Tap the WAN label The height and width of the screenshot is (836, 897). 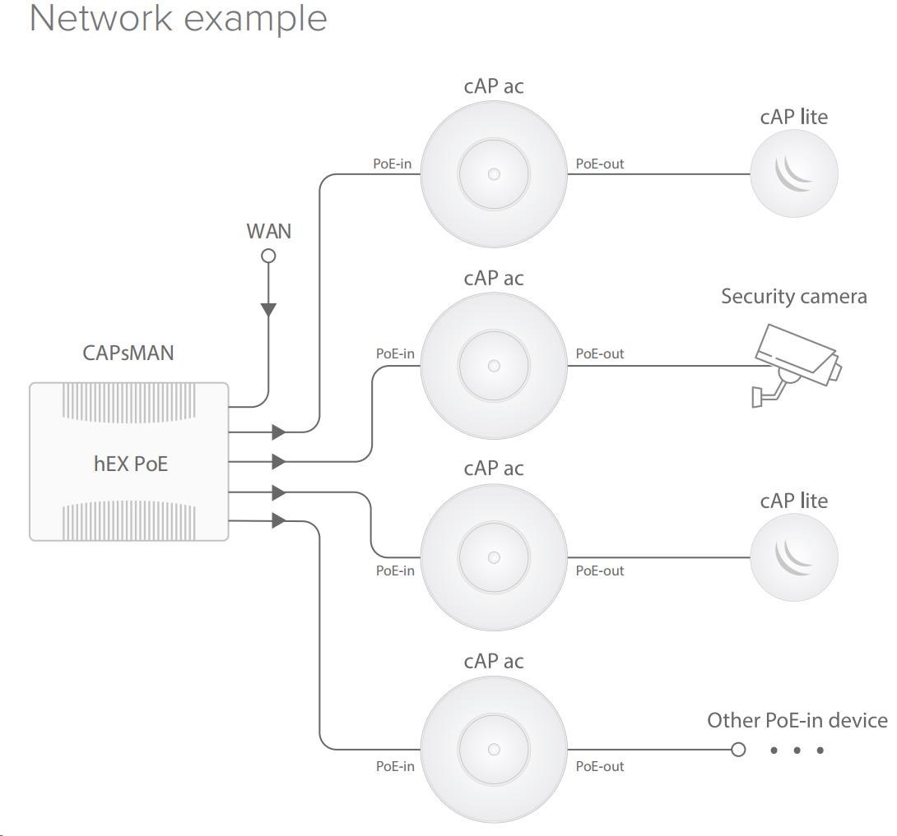(x=269, y=231)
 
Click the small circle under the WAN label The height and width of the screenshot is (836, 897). (x=268, y=256)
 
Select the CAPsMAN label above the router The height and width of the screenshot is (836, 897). (x=129, y=353)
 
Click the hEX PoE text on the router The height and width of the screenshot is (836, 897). (x=131, y=463)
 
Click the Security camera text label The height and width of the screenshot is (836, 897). (x=793, y=296)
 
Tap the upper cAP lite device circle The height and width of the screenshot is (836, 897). (x=794, y=174)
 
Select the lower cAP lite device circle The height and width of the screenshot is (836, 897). (x=794, y=557)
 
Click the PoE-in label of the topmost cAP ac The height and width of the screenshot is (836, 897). (x=393, y=164)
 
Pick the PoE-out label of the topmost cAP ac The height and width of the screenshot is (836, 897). (x=600, y=164)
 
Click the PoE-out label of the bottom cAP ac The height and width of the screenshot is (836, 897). (x=600, y=766)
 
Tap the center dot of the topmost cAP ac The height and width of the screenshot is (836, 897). (x=494, y=174)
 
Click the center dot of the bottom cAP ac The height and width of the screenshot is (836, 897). (x=494, y=750)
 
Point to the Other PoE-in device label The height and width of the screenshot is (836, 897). (x=797, y=721)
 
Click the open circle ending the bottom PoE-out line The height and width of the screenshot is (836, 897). (x=738, y=750)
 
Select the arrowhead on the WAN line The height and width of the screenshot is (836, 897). (x=268, y=310)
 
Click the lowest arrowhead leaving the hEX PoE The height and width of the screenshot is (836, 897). (x=278, y=520)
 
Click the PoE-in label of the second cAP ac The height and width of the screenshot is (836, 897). (x=396, y=353)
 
